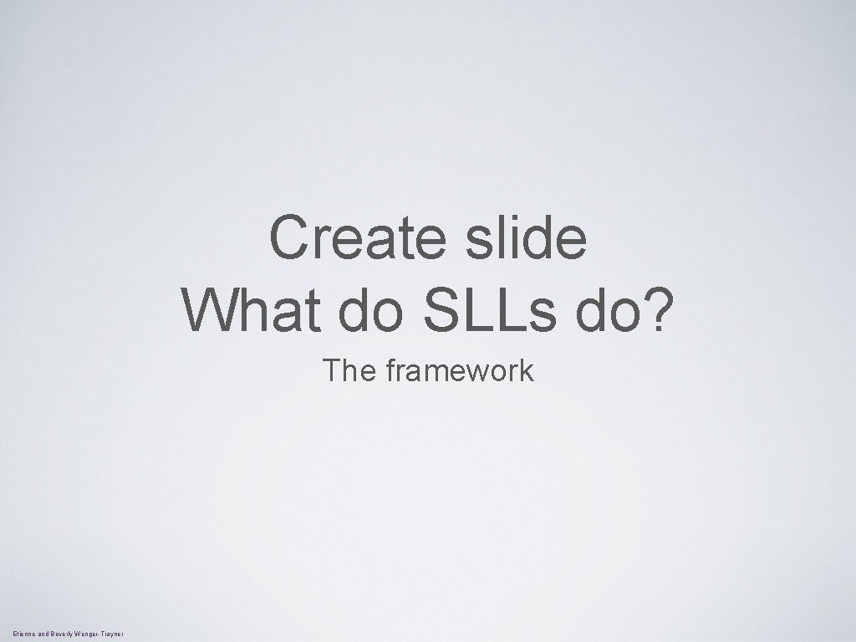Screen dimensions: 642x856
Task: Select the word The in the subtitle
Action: [x=351, y=369]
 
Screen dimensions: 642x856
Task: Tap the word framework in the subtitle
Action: [x=459, y=369]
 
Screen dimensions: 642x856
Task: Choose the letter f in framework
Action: [x=391, y=369]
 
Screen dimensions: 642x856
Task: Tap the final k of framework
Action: [x=527, y=369]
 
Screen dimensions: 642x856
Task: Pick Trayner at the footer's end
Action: [x=113, y=635]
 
